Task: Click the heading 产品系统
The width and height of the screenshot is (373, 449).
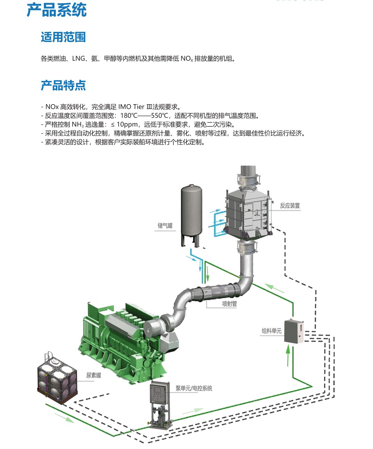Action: [57, 10]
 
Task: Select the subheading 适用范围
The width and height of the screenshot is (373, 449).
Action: [63, 37]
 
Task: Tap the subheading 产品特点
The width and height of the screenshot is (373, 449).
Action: [63, 85]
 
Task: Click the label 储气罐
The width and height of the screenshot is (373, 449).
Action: [165, 226]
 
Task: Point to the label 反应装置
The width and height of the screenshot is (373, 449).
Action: [290, 206]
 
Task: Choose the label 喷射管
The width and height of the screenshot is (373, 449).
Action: [230, 304]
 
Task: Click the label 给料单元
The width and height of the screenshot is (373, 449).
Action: [272, 331]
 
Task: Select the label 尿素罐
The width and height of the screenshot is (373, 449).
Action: [93, 375]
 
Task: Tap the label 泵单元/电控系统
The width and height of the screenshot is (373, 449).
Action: [194, 388]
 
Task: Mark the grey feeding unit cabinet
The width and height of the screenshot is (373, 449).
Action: [294, 331]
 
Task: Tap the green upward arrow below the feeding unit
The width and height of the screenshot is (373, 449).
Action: [288, 356]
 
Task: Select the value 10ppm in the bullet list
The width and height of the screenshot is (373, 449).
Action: [127, 125]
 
